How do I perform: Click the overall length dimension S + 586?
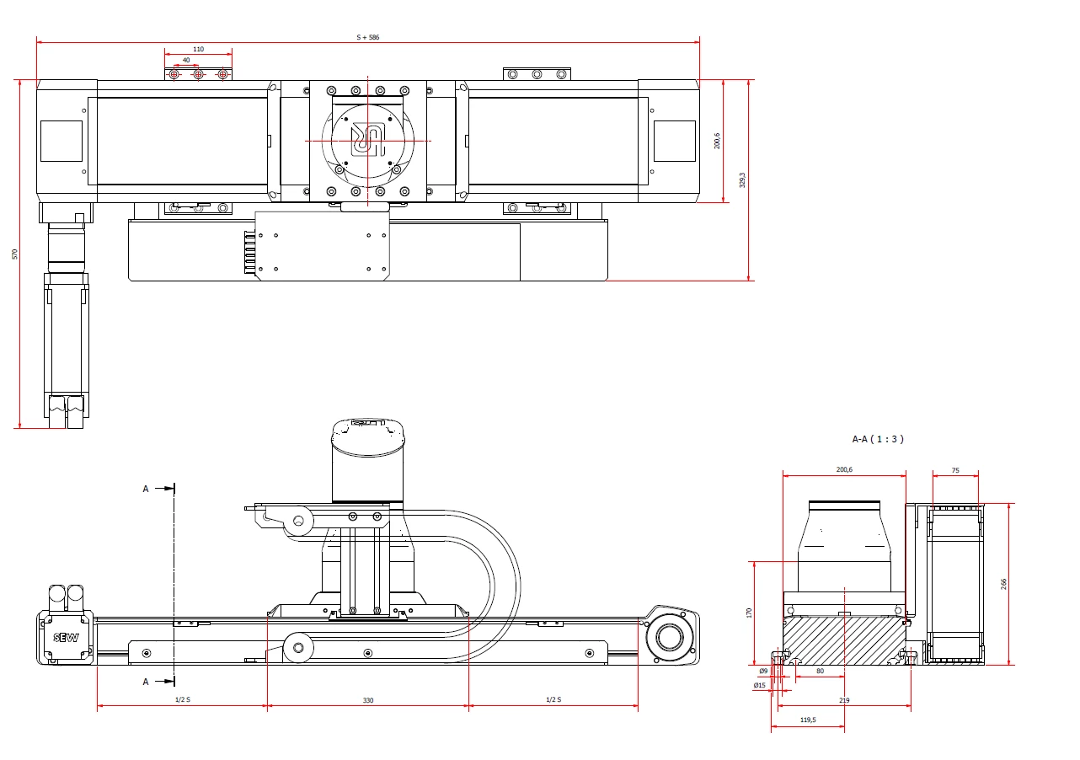point(368,37)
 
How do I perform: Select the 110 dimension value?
point(198,49)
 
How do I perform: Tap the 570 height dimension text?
point(14,254)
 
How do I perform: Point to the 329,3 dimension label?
point(742,179)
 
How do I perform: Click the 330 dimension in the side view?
point(368,700)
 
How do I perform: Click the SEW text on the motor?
point(66,638)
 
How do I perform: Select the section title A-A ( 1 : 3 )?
point(878,439)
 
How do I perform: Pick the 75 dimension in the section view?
point(955,470)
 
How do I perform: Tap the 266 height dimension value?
point(1003,584)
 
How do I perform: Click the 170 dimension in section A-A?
point(749,613)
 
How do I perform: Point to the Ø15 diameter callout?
point(759,685)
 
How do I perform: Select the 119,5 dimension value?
point(808,720)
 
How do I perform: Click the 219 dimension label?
point(844,700)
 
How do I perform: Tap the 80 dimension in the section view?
point(821,671)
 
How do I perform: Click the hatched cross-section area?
point(844,640)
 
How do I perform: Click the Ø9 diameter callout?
point(763,671)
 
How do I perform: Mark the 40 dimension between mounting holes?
point(186,61)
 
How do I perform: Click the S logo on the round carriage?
point(368,141)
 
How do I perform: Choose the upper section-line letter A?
point(146,489)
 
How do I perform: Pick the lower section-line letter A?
point(146,682)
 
